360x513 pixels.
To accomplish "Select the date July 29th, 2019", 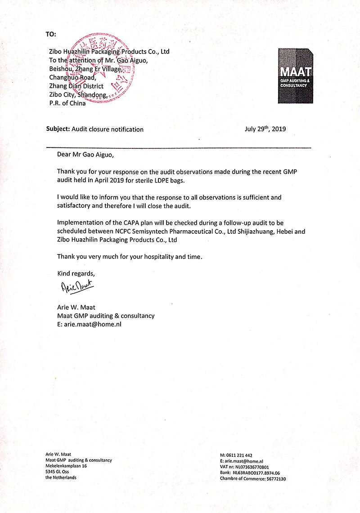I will (265, 129).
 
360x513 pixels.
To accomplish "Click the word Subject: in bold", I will (58, 129).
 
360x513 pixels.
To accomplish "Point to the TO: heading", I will (52, 34).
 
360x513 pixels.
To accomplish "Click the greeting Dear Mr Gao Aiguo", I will (83, 155).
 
